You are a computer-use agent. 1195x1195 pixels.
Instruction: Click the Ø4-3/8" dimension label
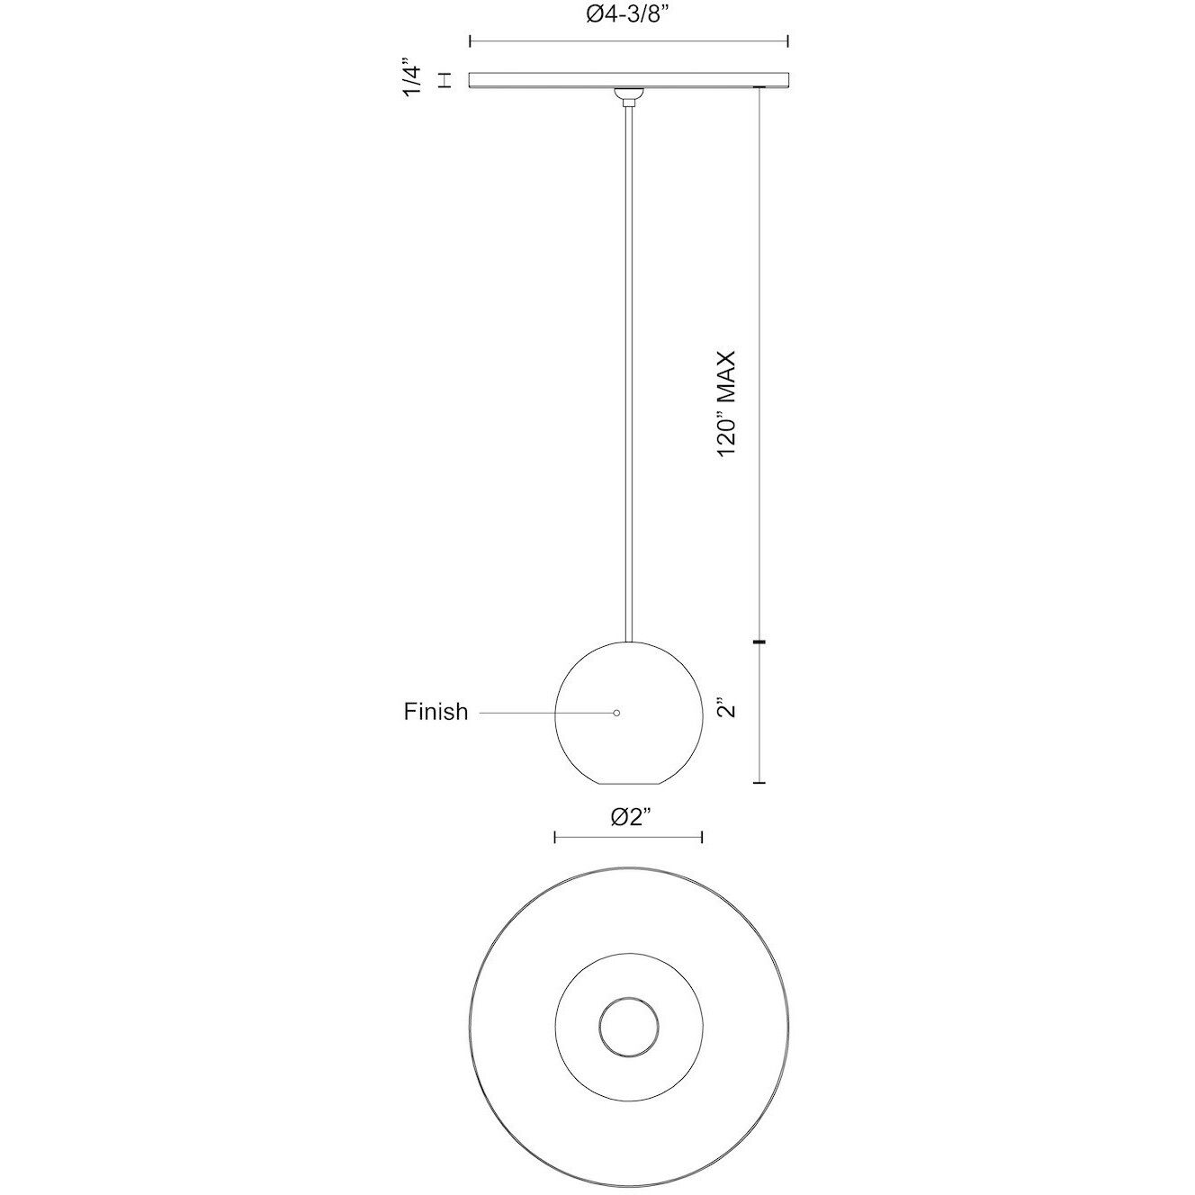click(628, 14)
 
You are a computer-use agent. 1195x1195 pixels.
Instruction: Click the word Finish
click(436, 712)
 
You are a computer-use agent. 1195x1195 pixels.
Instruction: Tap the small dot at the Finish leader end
click(616, 713)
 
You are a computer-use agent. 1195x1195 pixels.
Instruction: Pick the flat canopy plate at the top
click(628, 80)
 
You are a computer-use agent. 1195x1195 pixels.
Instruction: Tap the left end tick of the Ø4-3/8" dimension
click(471, 40)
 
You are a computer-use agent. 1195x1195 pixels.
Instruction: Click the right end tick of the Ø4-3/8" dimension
click(788, 40)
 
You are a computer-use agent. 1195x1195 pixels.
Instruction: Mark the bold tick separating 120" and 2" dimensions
click(761, 642)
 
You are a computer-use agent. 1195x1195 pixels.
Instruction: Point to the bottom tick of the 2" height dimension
click(761, 783)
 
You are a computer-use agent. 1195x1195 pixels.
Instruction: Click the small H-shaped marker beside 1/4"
click(444, 81)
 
